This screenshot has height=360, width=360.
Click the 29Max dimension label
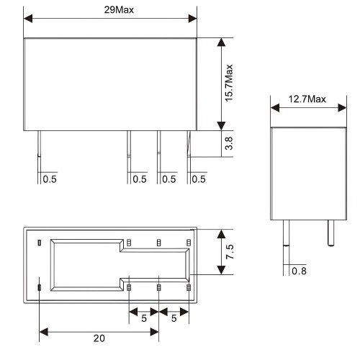(119, 10)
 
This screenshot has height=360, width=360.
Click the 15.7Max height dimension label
(229, 83)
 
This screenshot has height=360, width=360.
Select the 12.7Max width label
(307, 99)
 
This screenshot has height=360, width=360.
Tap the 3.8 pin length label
(229, 143)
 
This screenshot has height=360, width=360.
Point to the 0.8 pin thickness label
(299, 271)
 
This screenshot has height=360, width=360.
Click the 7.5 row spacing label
(230, 252)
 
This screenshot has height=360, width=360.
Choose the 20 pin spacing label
(99, 338)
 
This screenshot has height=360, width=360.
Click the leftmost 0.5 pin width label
(50, 179)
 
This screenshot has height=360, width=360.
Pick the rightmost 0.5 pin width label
(199, 179)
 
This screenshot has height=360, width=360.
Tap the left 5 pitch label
(144, 318)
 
